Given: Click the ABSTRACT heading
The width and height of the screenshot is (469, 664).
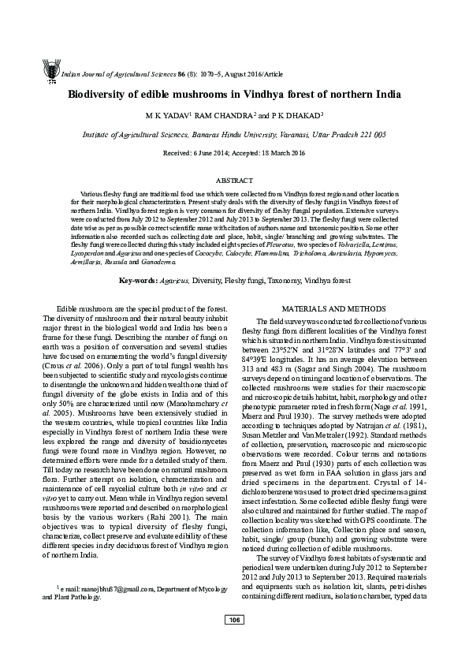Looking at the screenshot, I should click(234, 181).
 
